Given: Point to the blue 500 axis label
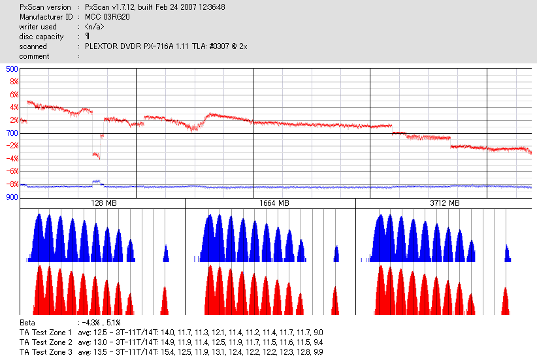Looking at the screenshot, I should pos(12,69).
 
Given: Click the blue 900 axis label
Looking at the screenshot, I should pos(12,197).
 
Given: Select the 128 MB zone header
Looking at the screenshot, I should pos(103,204).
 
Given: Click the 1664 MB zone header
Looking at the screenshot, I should pos(270,204).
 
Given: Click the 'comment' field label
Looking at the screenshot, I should pos(34,56).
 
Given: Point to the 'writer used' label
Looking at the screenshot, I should pos(38,27).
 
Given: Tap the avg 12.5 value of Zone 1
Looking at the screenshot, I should pos(89,333).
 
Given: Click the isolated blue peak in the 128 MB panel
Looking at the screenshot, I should pos(166,254).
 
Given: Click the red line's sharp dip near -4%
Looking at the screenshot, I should pos(96,155).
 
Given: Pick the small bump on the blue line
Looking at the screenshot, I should pos(97,181).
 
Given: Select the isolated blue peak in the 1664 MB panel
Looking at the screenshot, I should pos(336,254).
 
